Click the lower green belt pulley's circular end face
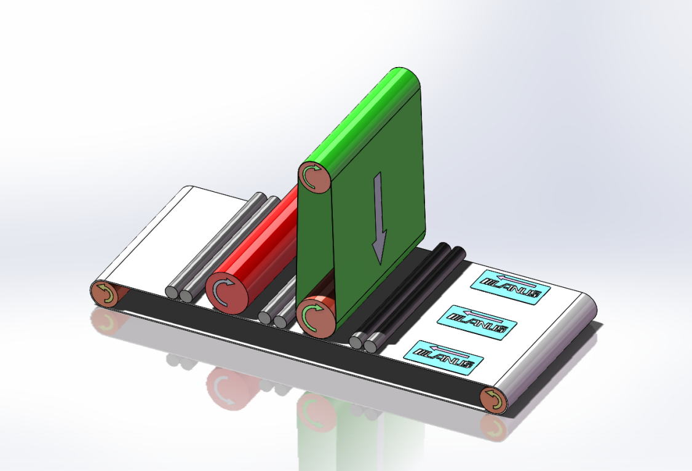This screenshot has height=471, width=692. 317,314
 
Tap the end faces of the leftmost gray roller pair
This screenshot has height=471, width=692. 179,295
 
